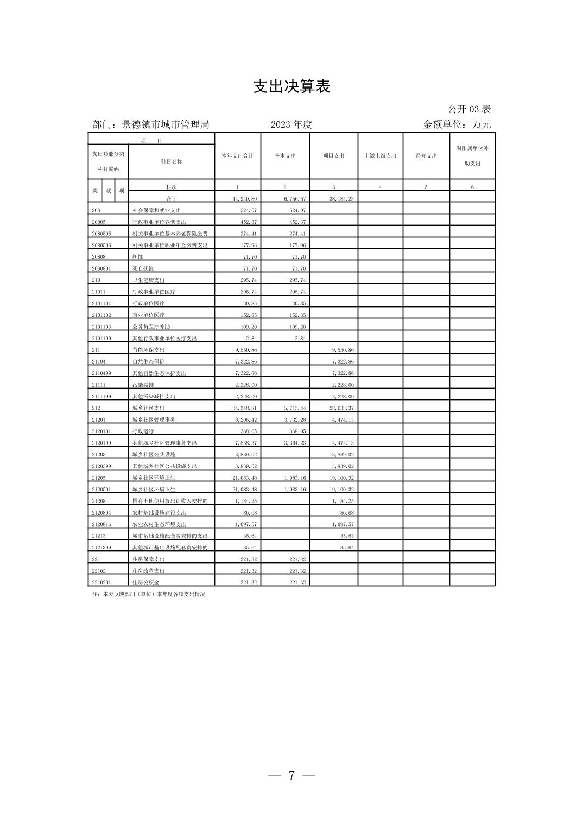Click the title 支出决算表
[x=291, y=87]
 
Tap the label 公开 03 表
[x=469, y=109]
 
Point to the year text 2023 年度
[x=291, y=124]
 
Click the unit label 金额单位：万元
[x=457, y=124]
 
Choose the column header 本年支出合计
[x=238, y=156]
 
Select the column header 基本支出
[x=285, y=156]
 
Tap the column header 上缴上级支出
[x=380, y=156]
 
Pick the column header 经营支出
[x=426, y=156]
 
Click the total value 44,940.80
[x=245, y=199]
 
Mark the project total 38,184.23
[x=341, y=199]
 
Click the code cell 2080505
[x=102, y=234]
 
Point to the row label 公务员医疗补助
[x=151, y=327]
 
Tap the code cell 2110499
[x=102, y=373]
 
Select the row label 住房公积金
[x=146, y=583]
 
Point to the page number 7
[x=291, y=775]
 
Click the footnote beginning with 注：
[x=151, y=595]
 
